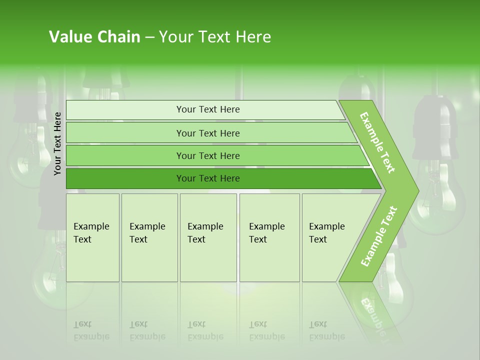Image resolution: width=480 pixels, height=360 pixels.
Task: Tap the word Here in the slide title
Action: (x=253, y=37)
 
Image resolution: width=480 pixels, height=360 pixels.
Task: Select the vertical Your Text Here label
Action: (x=58, y=143)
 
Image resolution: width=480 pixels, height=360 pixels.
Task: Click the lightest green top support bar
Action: (x=205, y=109)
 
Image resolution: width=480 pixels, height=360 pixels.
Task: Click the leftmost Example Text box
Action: (x=92, y=237)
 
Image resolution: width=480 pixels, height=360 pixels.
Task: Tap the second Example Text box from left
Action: (x=149, y=237)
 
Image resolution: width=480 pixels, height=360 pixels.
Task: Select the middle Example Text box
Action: (x=208, y=237)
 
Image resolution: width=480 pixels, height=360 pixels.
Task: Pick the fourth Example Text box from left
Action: (x=269, y=237)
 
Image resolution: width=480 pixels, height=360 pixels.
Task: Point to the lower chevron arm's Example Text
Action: (x=378, y=236)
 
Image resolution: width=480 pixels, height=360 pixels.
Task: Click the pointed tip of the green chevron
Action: (x=416, y=190)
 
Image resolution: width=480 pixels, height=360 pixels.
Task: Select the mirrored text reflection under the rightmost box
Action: (x=327, y=330)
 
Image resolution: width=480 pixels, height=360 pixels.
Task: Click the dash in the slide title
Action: (x=149, y=37)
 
